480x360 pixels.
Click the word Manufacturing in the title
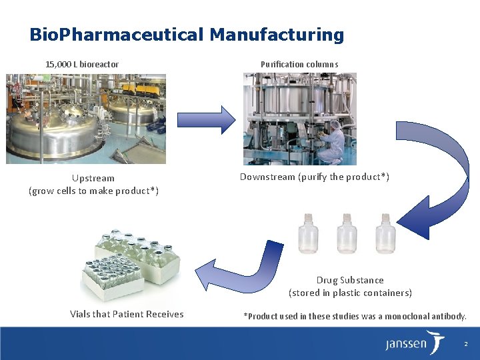pos(277,35)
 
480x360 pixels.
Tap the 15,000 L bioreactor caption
pos(82,65)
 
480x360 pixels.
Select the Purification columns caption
pos(299,65)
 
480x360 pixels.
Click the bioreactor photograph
pos(86,119)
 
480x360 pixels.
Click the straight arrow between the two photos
pos(206,120)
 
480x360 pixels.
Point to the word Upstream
pos(93,178)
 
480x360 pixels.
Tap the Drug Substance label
pos(350,280)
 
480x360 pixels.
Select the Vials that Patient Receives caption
pos(127,314)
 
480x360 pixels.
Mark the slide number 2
pos(465,344)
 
